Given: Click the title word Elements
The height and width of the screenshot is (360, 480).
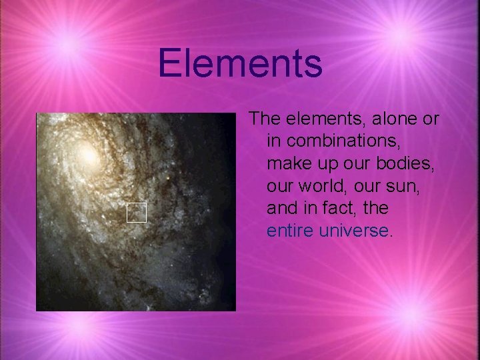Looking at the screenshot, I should [240, 64].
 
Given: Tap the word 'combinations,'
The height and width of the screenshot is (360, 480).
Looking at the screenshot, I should [335, 141].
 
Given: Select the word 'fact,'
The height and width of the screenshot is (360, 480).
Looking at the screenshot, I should [337, 209].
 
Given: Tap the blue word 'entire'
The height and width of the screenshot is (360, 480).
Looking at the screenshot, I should [290, 231].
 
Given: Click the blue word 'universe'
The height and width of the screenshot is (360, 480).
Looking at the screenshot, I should [353, 231].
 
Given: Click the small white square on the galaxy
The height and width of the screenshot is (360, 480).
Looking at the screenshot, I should [136, 212].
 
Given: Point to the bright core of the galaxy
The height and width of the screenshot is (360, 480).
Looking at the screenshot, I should [87, 155].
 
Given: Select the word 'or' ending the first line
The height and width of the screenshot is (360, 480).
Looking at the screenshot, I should [431, 119].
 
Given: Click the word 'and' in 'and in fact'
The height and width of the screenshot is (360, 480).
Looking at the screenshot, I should [281, 209].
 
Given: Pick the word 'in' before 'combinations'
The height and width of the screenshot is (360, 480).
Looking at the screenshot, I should [273, 141].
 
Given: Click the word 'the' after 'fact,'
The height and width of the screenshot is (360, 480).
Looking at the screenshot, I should [375, 209].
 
